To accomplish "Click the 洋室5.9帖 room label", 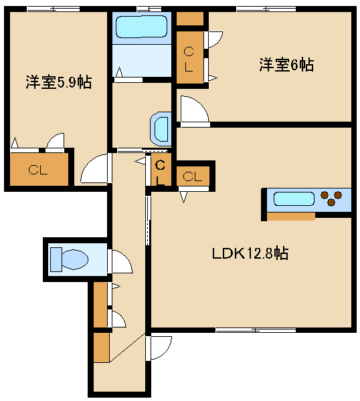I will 59,83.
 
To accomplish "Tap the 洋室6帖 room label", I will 286,65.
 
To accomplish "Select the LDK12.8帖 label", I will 250,254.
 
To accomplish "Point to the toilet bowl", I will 73,258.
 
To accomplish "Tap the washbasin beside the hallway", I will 161,128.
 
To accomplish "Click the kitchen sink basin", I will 292,199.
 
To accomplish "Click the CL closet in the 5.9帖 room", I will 38,170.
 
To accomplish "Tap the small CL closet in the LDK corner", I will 193,176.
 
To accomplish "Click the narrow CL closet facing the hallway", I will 161,173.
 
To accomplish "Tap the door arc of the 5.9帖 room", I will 94,169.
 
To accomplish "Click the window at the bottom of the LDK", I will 256,329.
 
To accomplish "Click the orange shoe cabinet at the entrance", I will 100,347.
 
